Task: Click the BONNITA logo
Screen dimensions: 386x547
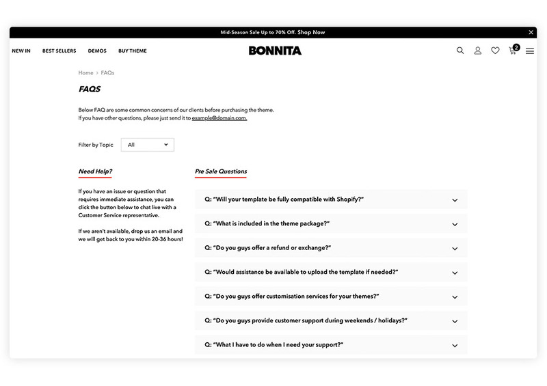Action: coord(275,51)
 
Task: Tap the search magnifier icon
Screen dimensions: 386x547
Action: coord(460,51)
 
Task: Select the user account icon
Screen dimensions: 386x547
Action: coord(478,51)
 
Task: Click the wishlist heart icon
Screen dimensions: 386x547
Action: coord(495,51)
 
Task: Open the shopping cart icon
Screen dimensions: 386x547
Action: coord(513,51)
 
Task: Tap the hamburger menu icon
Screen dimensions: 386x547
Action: coord(530,51)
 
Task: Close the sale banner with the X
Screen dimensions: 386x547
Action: coord(531,32)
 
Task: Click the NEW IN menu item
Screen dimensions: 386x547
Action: coord(21,51)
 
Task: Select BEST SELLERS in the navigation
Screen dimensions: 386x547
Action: coord(58,51)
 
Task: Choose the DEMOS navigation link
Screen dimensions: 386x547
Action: coord(97,51)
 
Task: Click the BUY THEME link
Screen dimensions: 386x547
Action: coord(133,51)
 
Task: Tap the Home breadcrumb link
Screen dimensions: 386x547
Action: coord(85,72)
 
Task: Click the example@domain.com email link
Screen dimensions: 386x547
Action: coord(219,118)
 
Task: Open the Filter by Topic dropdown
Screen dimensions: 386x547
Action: coord(148,145)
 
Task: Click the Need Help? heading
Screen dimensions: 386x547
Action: coord(95,171)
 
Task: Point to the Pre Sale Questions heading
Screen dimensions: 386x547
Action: coord(221,171)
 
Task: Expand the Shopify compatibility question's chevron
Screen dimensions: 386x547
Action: coord(455,200)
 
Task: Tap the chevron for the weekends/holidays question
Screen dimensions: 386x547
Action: coord(455,321)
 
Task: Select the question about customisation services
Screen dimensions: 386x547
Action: coord(292,297)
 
